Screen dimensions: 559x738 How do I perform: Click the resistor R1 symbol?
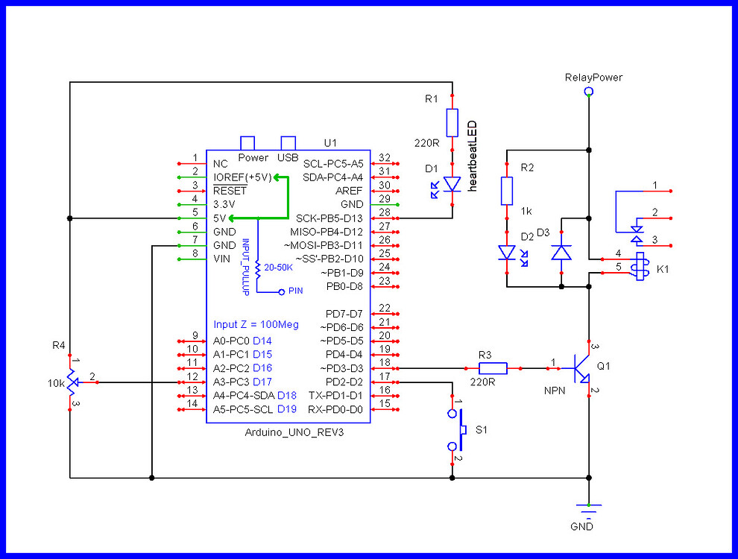452,122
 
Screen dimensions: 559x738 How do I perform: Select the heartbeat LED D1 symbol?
452,183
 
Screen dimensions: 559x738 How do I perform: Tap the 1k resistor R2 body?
507,191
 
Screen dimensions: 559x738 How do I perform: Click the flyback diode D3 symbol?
561,253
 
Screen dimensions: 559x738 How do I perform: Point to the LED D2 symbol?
507,253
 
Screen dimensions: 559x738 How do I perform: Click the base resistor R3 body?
493,367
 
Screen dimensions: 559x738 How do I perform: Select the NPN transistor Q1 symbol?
581,367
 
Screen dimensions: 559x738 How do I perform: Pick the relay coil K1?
639,267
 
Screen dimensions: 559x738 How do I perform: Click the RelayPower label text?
593,78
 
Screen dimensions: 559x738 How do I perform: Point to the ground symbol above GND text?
589,509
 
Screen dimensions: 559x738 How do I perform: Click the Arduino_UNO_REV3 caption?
294,432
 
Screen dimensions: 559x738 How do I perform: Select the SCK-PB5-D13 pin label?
329,218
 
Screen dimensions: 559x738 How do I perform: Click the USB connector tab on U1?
288,143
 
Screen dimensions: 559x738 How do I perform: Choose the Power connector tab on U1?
247,143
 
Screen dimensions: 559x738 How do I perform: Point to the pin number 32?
384,158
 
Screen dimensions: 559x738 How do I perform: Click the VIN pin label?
222,259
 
